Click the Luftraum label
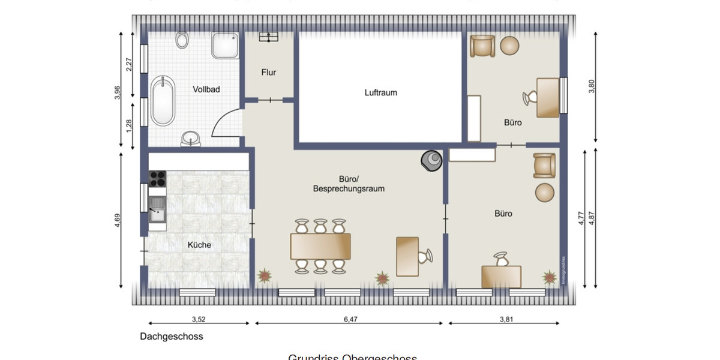(380, 92)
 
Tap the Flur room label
(268, 72)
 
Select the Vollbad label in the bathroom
(206, 89)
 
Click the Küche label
(199, 245)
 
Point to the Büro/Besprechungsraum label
(349, 184)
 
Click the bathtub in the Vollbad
(163, 100)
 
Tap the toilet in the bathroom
(182, 40)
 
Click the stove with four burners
(157, 178)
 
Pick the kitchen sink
(158, 209)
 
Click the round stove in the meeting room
(431, 159)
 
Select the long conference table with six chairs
(320, 246)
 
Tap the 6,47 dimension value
(350, 319)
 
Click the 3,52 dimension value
(199, 319)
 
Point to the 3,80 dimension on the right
(592, 86)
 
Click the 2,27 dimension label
(129, 64)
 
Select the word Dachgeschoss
(172, 337)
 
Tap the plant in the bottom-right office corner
(549, 277)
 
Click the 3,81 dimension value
(506, 319)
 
